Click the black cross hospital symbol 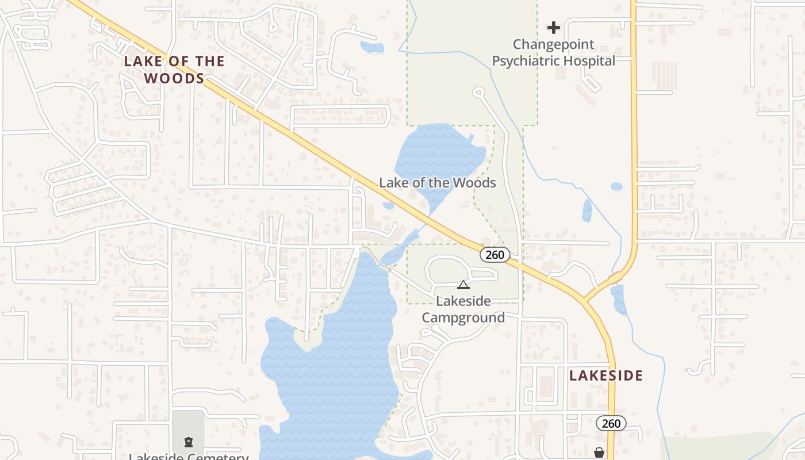(x=553, y=27)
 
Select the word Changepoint (x=553, y=44)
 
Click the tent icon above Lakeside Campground (x=463, y=285)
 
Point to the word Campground (x=463, y=317)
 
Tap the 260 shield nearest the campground (x=494, y=255)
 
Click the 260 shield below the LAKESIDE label (x=611, y=424)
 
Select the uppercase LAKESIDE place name (x=606, y=375)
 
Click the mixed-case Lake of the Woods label (x=437, y=183)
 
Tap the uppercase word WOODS (x=174, y=78)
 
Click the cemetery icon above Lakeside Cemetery (x=188, y=442)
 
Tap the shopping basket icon (x=599, y=453)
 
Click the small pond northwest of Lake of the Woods (x=371, y=47)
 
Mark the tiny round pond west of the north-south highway (x=616, y=186)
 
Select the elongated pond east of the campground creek (x=586, y=210)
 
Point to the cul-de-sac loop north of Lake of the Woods (x=477, y=92)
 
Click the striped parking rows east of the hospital (x=664, y=75)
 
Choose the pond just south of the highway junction (x=619, y=300)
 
